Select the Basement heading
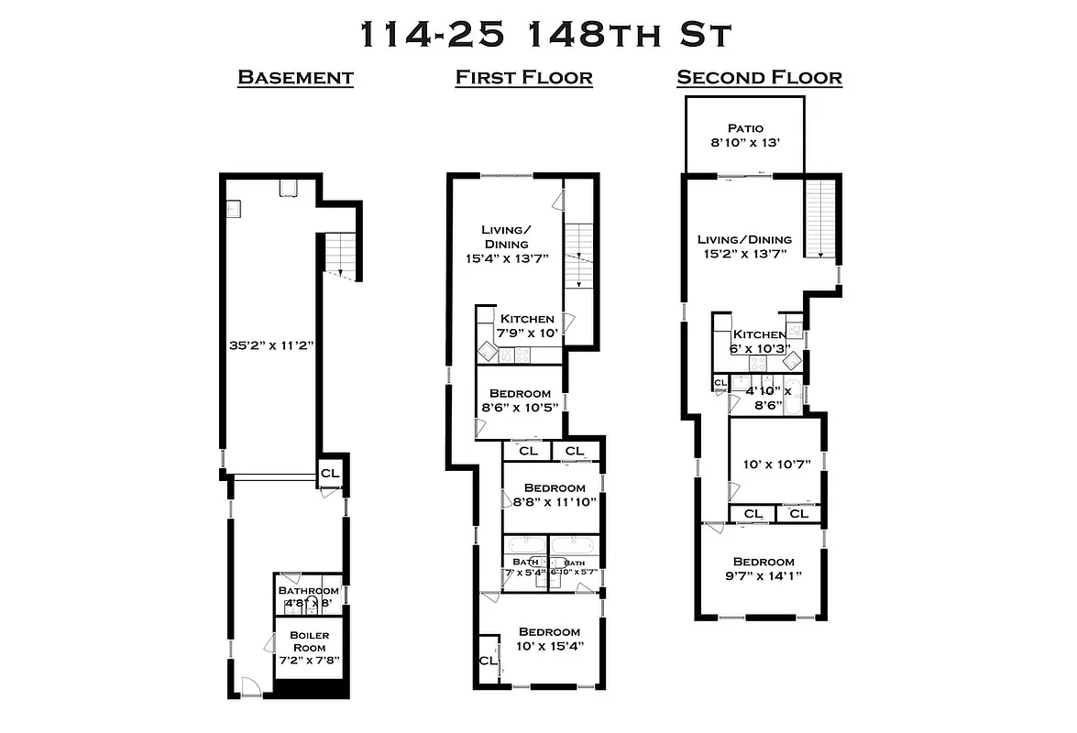(x=295, y=77)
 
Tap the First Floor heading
(x=523, y=77)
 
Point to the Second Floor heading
(x=759, y=77)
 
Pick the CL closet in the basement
(x=330, y=473)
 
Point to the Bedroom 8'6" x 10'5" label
(x=520, y=400)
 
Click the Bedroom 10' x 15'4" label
(x=549, y=639)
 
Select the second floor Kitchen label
(x=757, y=342)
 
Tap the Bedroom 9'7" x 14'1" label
(x=763, y=569)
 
